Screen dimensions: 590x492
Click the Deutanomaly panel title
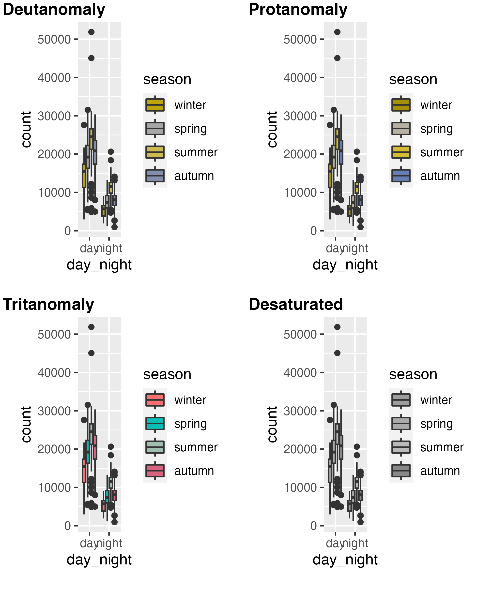click(x=54, y=10)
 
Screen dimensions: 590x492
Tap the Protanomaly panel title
click(x=298, y=10)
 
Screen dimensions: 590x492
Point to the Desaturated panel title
click(x=296, y=305)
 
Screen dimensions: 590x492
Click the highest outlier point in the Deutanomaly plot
click(x=91, y=32)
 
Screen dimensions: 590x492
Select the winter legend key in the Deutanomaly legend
click(x=155, y=105)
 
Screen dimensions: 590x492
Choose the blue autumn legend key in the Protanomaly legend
click(x=401, y=176)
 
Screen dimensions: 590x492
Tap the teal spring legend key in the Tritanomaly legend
click(x=155, y=424)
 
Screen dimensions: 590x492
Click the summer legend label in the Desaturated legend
click(x=442, y=447)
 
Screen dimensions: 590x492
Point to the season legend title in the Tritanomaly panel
click(x=167, y=374)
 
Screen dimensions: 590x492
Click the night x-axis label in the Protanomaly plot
click(x=355, y=248)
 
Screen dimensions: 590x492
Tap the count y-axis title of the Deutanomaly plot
click(x=26, y=129)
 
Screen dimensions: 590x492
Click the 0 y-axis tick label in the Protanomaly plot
click(x=313, y=231)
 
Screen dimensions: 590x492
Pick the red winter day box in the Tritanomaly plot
click(x=84, y=471)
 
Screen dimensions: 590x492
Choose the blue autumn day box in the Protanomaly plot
click(x=341, y=152)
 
